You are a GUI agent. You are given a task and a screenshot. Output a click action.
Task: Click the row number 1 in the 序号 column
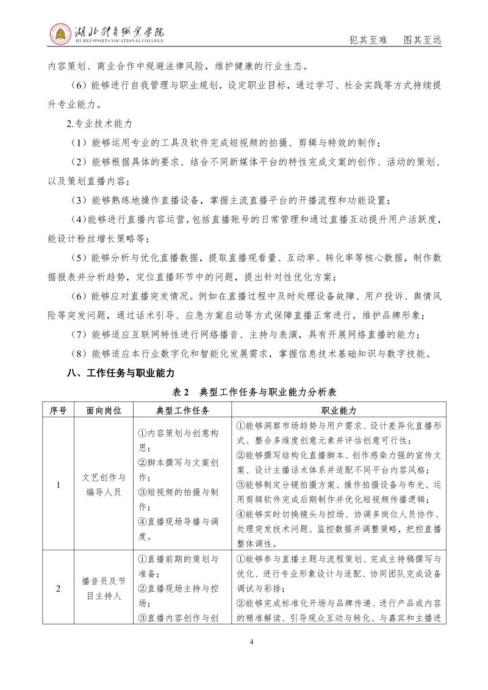point(58,485)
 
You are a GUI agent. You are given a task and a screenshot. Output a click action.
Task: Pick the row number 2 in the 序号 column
point(58,589)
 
